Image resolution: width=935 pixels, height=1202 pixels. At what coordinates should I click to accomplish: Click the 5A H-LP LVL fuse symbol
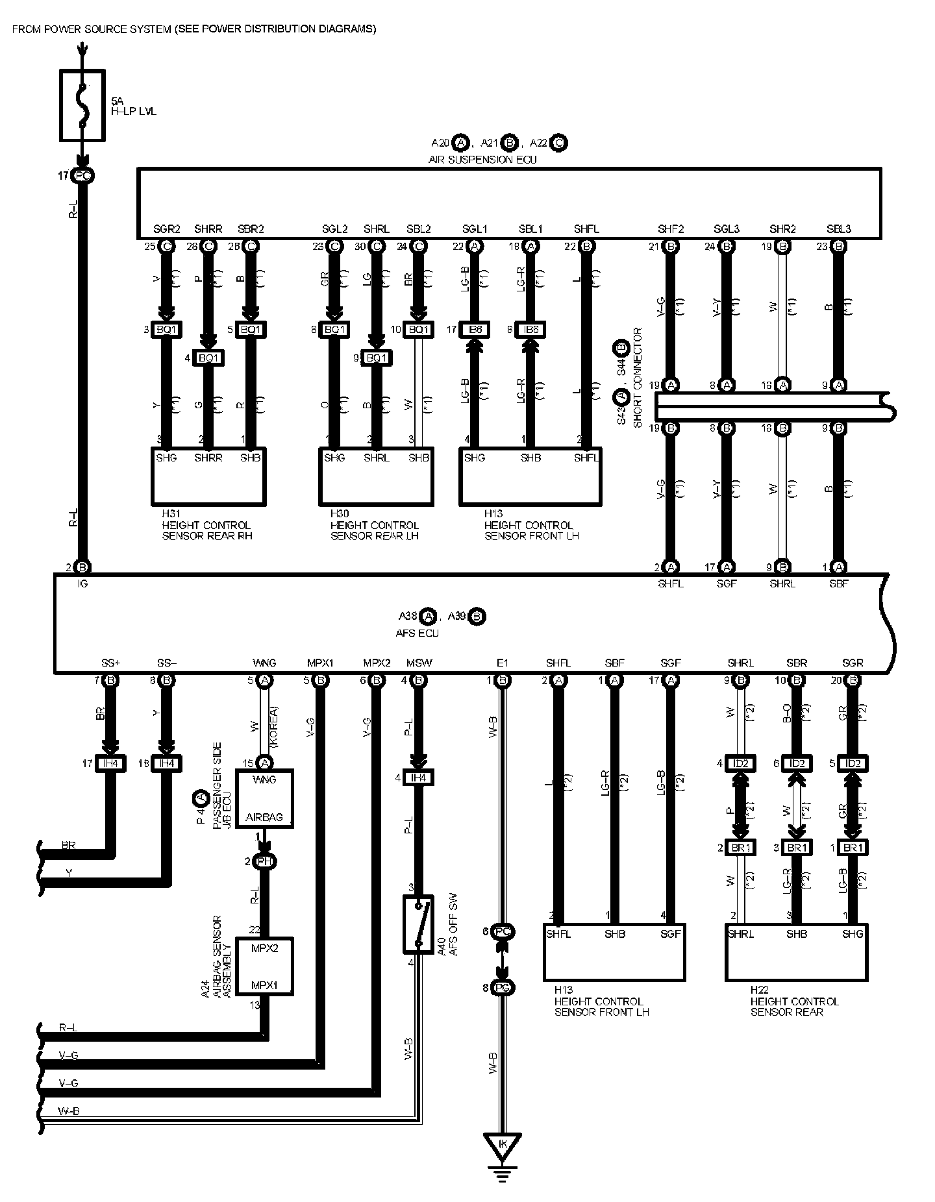pyautogui.click(x=82, y=105)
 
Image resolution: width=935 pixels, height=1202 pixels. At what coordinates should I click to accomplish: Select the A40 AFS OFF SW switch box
pyautogui.click(x=418, y=924)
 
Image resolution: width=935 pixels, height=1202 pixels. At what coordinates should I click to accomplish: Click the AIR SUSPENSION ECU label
pyautogui.click(x=482, y=159)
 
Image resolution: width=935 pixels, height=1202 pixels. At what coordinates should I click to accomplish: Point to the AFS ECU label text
pyautogui.click(x=418, y=633)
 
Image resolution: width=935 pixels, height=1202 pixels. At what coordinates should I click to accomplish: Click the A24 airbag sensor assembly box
pyautogui.click(x=264, y=966)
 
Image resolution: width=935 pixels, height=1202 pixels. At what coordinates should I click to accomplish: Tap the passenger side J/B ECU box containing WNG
pyautogui.click(x=264, y=798)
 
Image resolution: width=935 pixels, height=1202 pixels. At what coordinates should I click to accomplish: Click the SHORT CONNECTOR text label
pyautogui.click(x=638, y=378)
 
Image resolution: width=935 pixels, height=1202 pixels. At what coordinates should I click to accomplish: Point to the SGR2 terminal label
pyautogui.click(x=167, y=229)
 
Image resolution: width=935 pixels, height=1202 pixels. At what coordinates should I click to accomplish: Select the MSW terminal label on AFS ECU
pyautogui.click(x=419, y=663)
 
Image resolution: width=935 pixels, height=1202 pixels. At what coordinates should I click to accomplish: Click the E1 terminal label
pyautogui.click(x=502, y=663)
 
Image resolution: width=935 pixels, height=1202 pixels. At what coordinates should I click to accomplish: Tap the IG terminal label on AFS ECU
pyautogui.click(x=82, y=583)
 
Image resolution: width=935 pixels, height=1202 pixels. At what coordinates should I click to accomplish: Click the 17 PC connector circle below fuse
pyautogui.click(x=82, y=175)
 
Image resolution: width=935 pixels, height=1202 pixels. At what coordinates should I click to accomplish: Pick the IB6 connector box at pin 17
pyautogui.click(x=475, y=329)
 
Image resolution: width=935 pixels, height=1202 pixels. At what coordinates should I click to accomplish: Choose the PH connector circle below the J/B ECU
pyautogui.click(x=264, y=861)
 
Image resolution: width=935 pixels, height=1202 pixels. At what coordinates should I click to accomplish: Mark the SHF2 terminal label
pyautogui.click(x=671, y=229)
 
